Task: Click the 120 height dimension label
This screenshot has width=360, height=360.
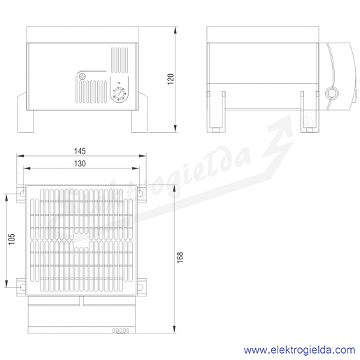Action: (x=171, y=79)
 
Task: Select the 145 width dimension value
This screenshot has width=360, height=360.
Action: (x=80, y=151)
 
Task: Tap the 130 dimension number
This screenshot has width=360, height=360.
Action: (x=80, y=164)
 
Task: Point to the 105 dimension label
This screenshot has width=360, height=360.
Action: (x=11, y=239)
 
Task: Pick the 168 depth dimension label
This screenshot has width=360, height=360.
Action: (x=180, y=257)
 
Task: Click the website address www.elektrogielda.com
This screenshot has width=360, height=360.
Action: (x=299, y=350)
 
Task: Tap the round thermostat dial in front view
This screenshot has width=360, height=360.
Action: (x=120, y=94)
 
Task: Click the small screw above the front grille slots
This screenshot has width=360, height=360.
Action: (x=82, y=76)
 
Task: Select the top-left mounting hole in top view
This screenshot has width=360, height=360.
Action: (x=23, y=193)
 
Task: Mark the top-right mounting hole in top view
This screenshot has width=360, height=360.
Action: (x=140, y=193)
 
